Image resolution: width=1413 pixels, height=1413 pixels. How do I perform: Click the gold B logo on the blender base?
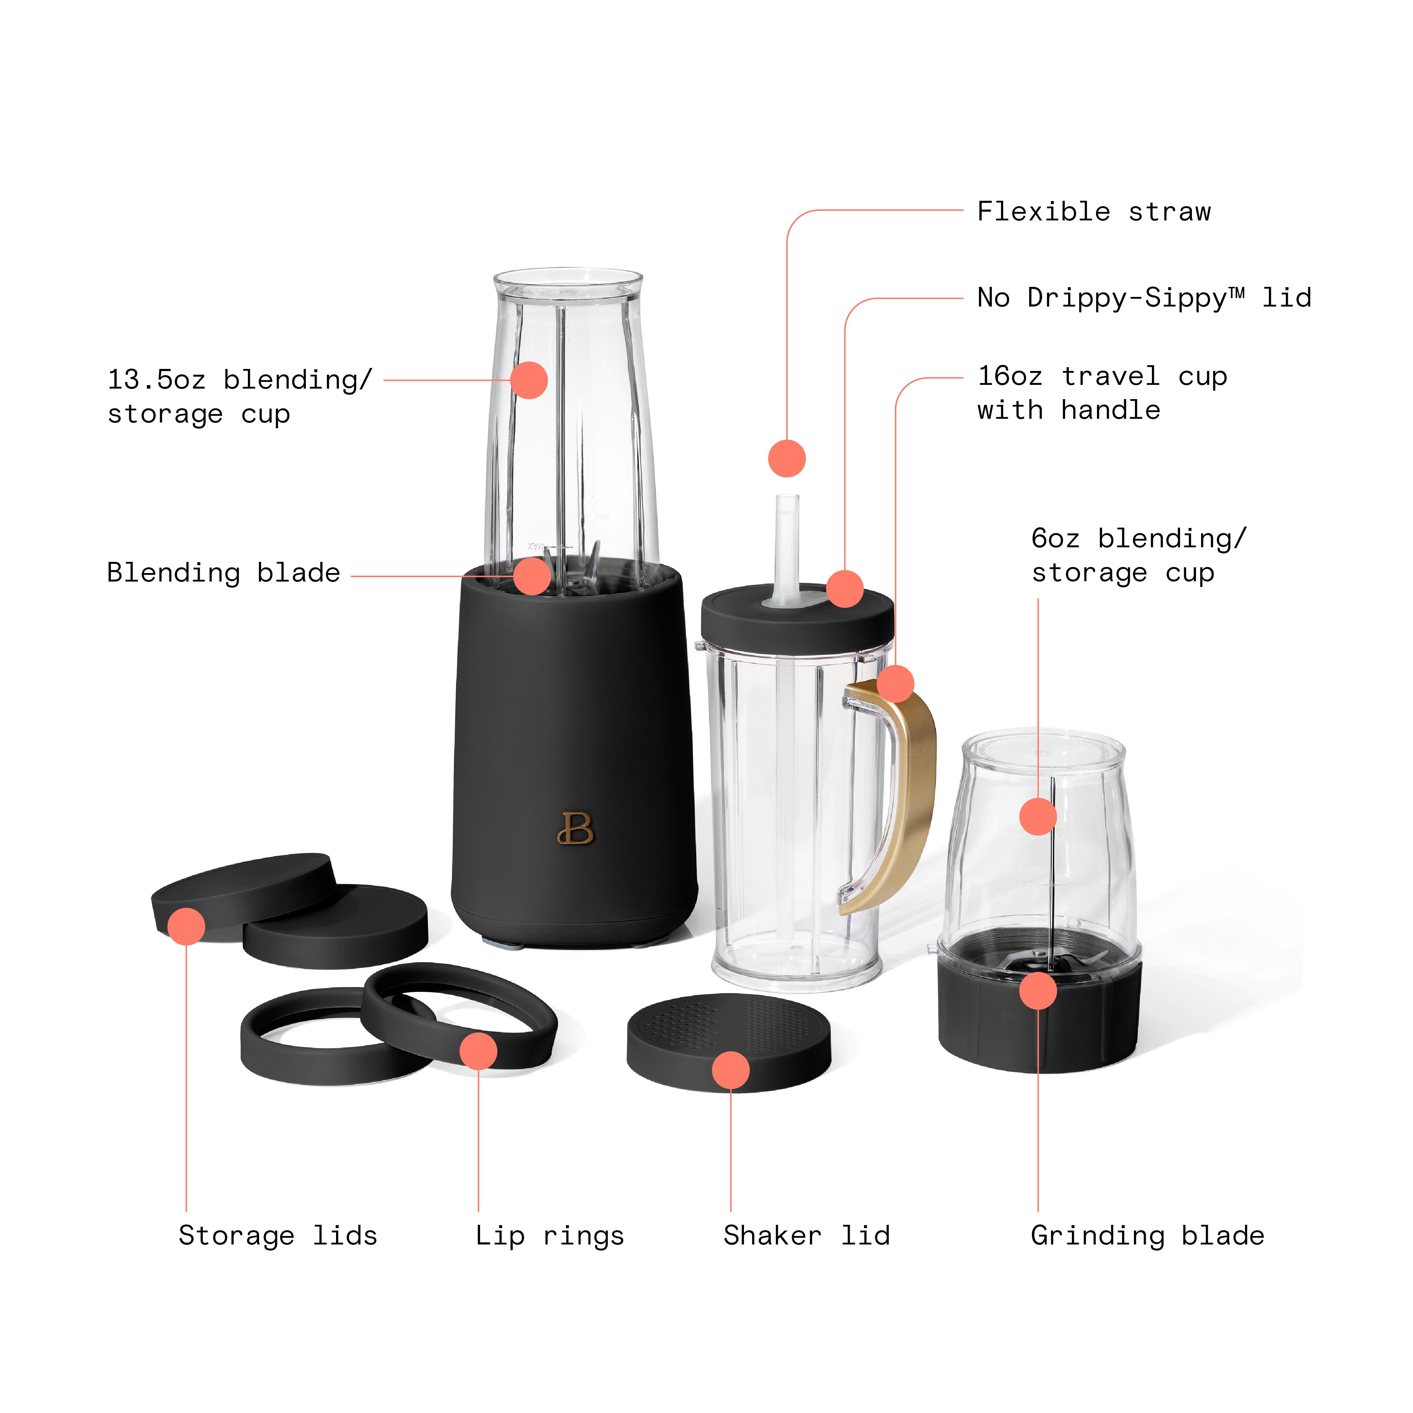click(575, 829)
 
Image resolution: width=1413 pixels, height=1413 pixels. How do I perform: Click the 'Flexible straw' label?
click(1093, 212)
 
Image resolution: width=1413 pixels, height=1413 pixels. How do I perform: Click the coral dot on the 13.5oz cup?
click(529, 380)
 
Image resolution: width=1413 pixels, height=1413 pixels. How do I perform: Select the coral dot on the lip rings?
click(478, 1051)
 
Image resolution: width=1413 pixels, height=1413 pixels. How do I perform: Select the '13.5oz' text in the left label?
click(156, 379)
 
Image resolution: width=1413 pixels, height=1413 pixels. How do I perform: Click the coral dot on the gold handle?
click(895, 684)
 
